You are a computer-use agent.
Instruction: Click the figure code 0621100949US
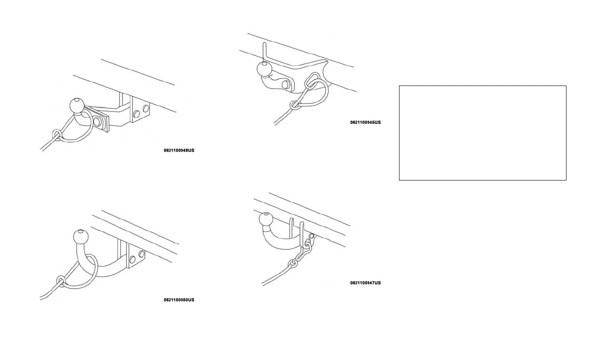[178, 150]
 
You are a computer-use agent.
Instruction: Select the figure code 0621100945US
[365, 122]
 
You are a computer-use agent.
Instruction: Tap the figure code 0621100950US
[178, 300]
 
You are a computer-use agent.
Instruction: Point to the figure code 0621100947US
[365, 283]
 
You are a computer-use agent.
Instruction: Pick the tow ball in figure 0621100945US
[264, 69]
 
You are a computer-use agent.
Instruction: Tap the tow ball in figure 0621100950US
[81, 236]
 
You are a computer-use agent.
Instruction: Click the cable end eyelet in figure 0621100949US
[57, 134]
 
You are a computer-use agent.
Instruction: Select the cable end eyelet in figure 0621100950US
[61, 280]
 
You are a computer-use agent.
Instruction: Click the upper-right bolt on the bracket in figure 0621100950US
[141, 254]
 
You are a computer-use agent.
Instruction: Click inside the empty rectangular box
[482, 132]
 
